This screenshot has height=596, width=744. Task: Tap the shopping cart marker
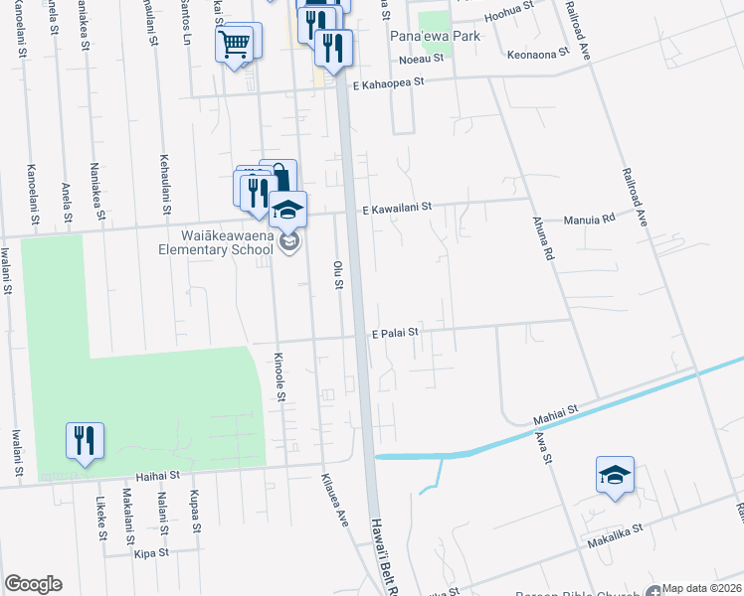[234, 45]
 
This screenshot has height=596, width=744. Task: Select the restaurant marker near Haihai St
[85, 440]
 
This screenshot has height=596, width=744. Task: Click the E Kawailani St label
[396, 209]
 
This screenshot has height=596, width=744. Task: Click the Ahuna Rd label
[542, 239]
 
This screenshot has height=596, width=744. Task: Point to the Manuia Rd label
[590, 220]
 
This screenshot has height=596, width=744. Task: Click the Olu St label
[337, 274]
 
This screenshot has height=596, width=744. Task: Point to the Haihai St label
[162, 476]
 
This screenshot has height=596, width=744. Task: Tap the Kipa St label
[152, 551]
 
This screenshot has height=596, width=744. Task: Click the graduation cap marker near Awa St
[614, 475]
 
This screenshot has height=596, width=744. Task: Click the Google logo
[33, 584]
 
